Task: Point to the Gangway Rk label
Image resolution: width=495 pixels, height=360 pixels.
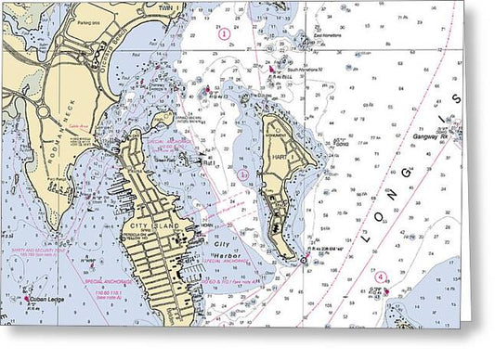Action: click(x=430, y=135)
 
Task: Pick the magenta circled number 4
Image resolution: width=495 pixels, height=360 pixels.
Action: click(x=380, y=276)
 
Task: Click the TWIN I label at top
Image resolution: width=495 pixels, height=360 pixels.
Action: click(x=169, y=6)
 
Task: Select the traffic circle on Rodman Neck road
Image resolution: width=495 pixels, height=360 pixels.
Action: click(x=41, y=111)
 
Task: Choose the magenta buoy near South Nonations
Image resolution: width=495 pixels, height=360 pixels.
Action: click(x=270, y=67)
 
